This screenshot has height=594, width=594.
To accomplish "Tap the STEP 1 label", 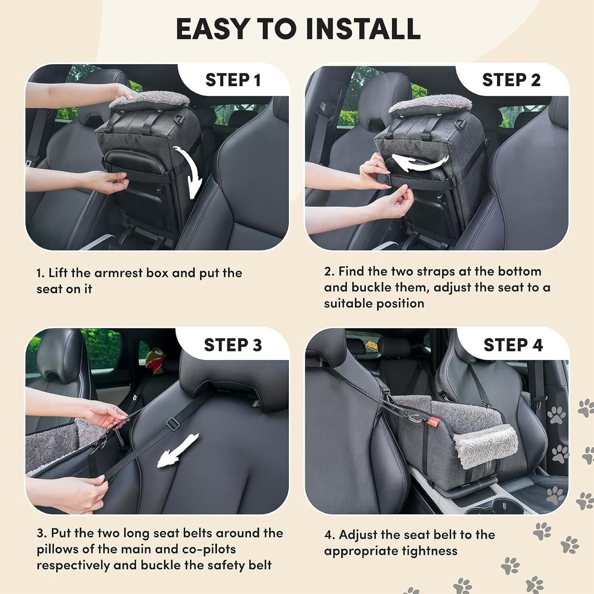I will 233,80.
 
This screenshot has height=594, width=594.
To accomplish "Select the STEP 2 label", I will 511,80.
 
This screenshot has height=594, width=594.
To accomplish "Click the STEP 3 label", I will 233,345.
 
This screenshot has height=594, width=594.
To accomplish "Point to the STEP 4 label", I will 513,345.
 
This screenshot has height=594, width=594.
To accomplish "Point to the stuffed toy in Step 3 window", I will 155,360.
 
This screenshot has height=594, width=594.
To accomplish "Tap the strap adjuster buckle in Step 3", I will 173,423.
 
